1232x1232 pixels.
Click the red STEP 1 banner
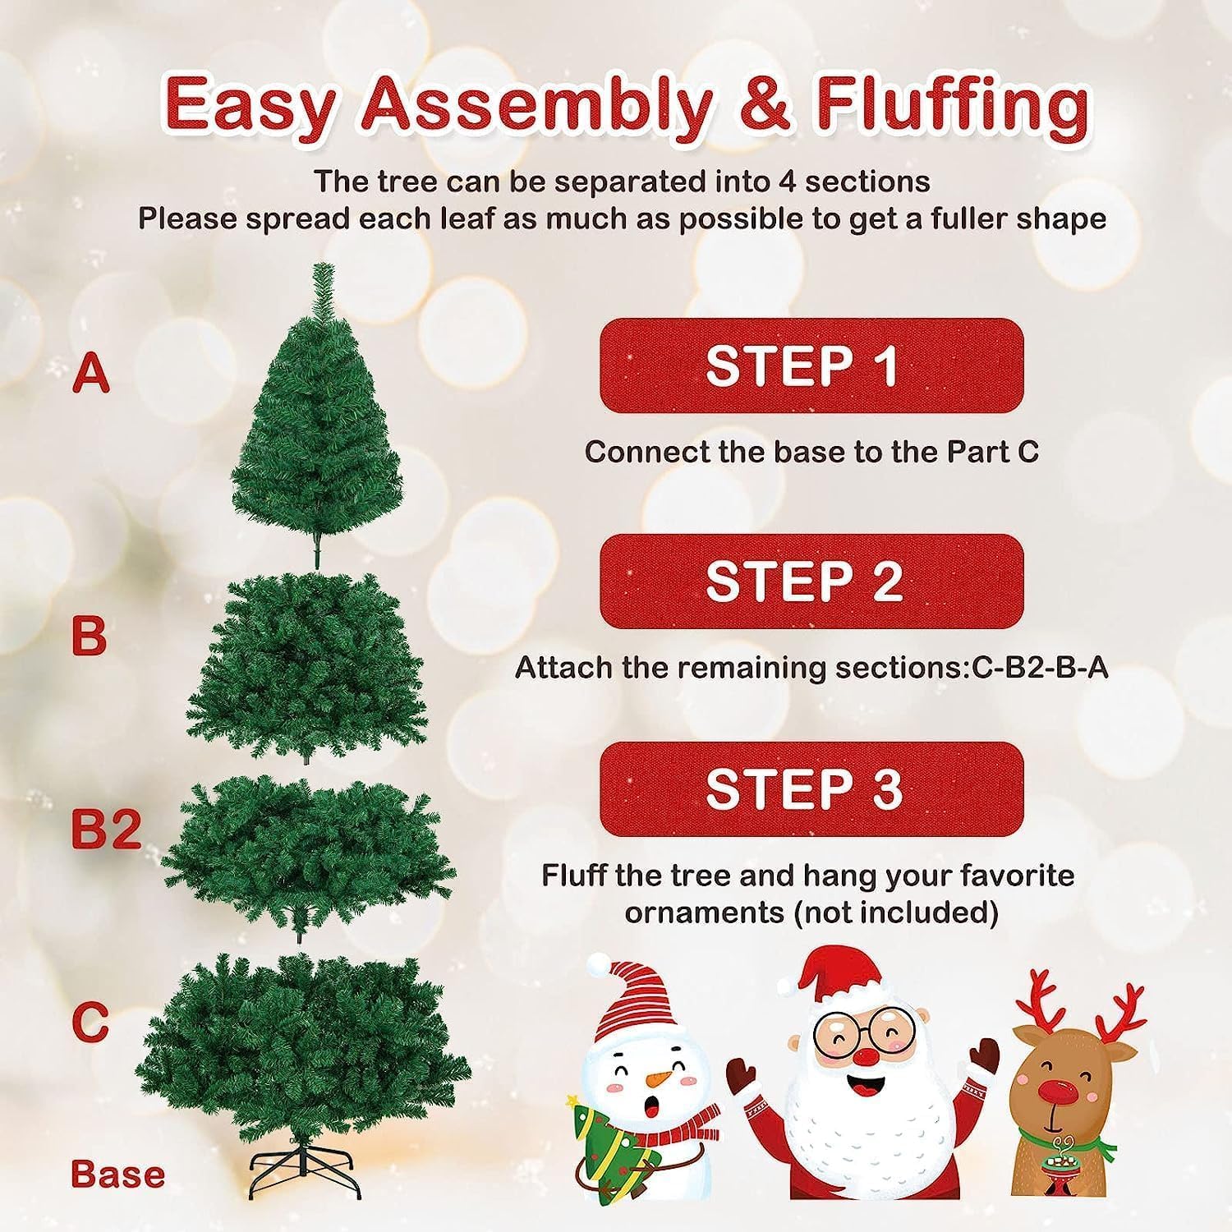[811, 365]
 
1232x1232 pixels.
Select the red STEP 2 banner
[811, 582]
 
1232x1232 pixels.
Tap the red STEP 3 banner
[811, 789]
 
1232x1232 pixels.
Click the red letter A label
[90, 374]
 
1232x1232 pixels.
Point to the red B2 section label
[106, 830]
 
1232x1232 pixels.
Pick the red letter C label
[90, 1021]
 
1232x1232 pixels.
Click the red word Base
[117, 1174]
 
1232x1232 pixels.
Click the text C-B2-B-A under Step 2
[1039, 668]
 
